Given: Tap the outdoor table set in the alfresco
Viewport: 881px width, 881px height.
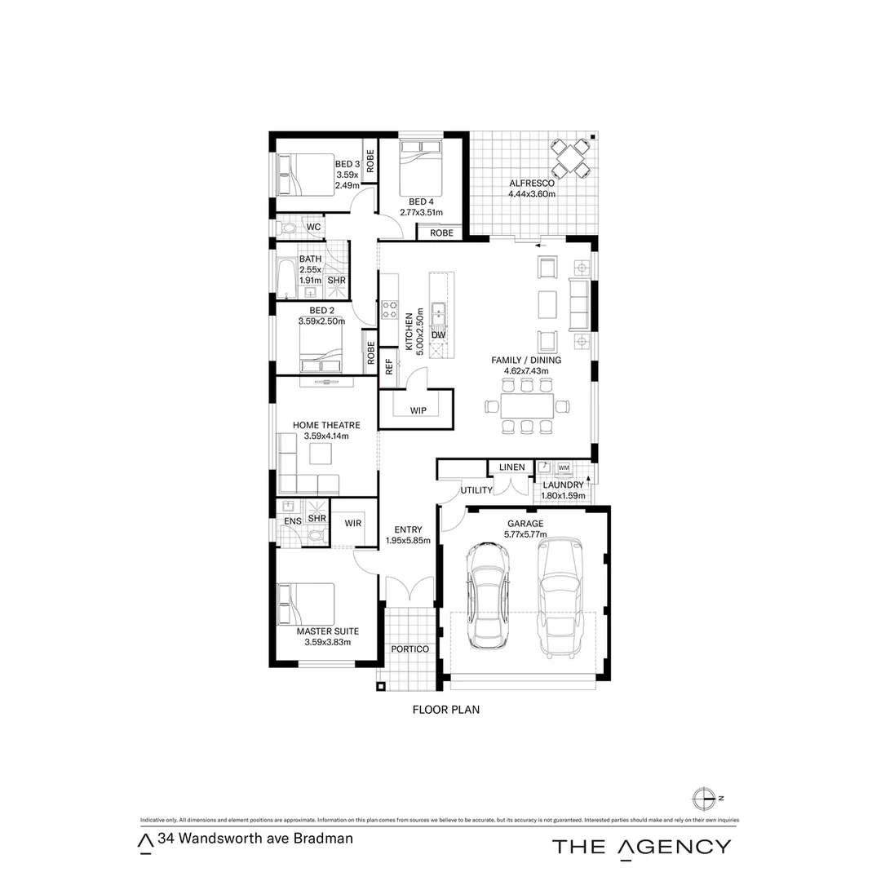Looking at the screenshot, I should pyautogui.click(x=569, y=158).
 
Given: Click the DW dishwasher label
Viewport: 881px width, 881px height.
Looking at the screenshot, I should pyautogui.click(x=438, y=335).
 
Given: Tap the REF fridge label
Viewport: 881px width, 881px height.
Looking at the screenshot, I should pyautogui.click(x=389, y=365).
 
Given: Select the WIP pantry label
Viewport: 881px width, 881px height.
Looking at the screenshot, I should pyautogui.click(x=418, y=410).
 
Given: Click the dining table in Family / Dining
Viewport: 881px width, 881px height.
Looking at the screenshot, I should pyautogui.click(x=527, y=405).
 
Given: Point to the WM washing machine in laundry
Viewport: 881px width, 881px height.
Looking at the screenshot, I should pyautogui.click(x=564, y=467).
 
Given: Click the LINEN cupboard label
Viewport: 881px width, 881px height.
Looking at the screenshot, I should pyautogui.click(x=512, y=467).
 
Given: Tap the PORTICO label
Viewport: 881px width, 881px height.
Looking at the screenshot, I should pyautogui.click(x=410, y=649).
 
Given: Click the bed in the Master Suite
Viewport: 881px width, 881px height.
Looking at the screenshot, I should pyautogui.click(x=306, y=604).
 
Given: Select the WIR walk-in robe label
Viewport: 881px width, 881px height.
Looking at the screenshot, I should pyautogui.click(x=353, y=523).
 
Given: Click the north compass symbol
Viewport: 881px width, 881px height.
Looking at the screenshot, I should pyautogui.click(x=702, y=798).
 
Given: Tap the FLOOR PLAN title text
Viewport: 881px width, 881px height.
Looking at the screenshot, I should pyautogui.click(x=445, y=710).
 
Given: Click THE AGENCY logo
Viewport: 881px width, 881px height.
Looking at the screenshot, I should pyautogui.click(x=641, y=846).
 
